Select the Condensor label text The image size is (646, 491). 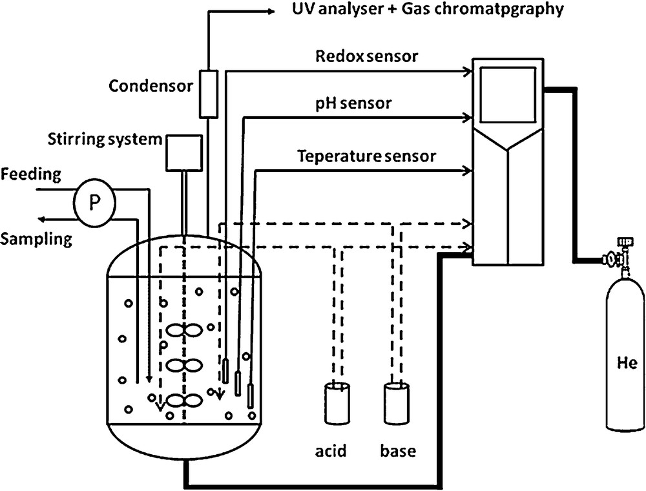point(148,86)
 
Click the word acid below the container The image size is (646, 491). point(333,450)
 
